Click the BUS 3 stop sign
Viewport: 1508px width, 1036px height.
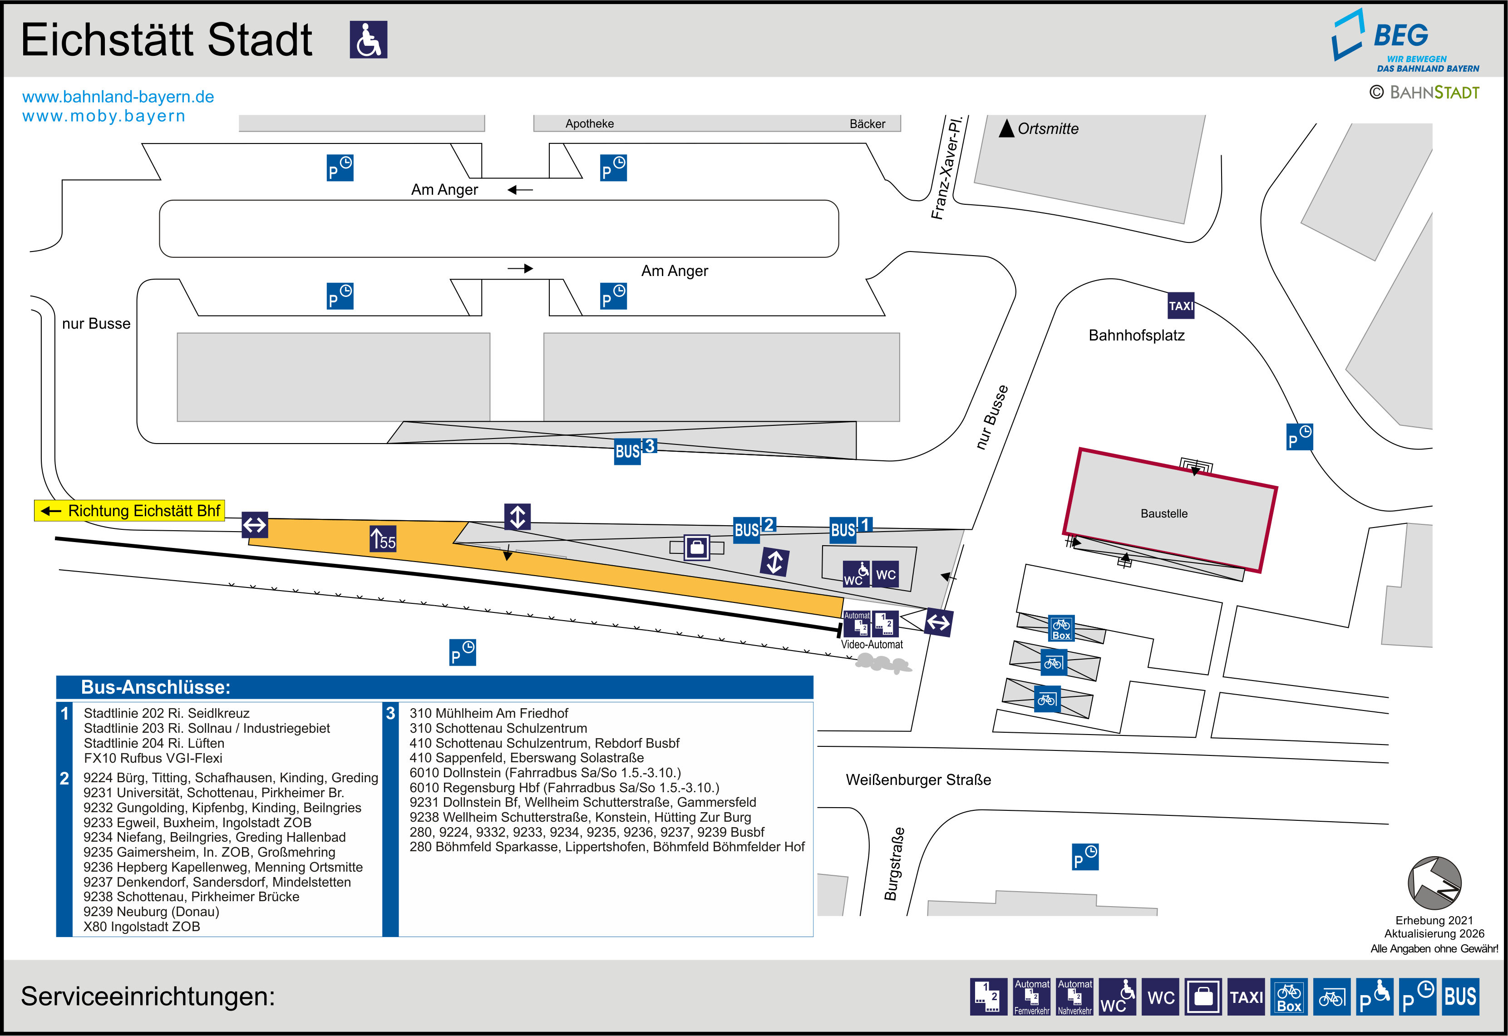(x=635, y=450)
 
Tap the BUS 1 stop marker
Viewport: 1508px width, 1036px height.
(x=851, y=529)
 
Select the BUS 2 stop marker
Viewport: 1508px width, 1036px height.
(x=754, y=529)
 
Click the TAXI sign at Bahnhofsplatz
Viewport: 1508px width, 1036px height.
(x=1181, y=306)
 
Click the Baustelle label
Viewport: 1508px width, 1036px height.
(x=1164, y=513)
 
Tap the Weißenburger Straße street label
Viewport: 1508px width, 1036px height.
(x=918, y=779)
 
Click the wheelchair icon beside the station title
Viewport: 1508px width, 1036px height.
(x=369, y=39)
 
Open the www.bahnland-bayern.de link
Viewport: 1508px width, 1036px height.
(x=118, y=97)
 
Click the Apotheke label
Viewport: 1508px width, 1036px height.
(x=589, y=123)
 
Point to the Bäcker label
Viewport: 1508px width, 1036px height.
(x=867, y=123)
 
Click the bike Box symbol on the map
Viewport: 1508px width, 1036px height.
(x=1062, y=628)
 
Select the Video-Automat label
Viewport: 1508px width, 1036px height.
(x=872, y=645)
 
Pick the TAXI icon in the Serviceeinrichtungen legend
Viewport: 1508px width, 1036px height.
(x=1247, y=997)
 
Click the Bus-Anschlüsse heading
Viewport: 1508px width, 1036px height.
(x=156, y=687)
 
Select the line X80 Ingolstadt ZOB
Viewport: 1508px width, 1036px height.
(x=142, y=926)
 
